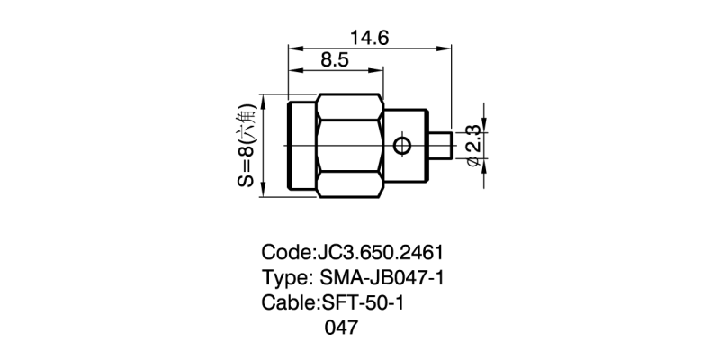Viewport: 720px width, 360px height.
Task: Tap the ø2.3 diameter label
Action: [472, 146]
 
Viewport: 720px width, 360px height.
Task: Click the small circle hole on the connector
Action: [402, 146]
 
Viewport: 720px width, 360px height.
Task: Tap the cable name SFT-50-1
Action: [364, 302]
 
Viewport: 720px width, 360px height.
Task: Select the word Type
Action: [284, 277]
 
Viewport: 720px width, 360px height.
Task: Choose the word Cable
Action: [287, 302]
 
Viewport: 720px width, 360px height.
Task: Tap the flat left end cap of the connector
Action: [300, 146]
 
